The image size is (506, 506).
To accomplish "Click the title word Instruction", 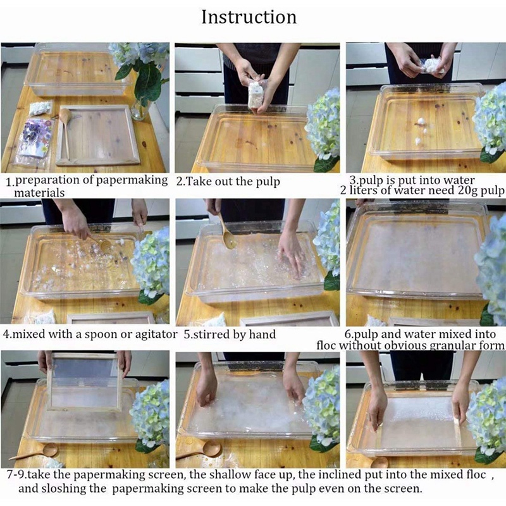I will click(x=249, y=17).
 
